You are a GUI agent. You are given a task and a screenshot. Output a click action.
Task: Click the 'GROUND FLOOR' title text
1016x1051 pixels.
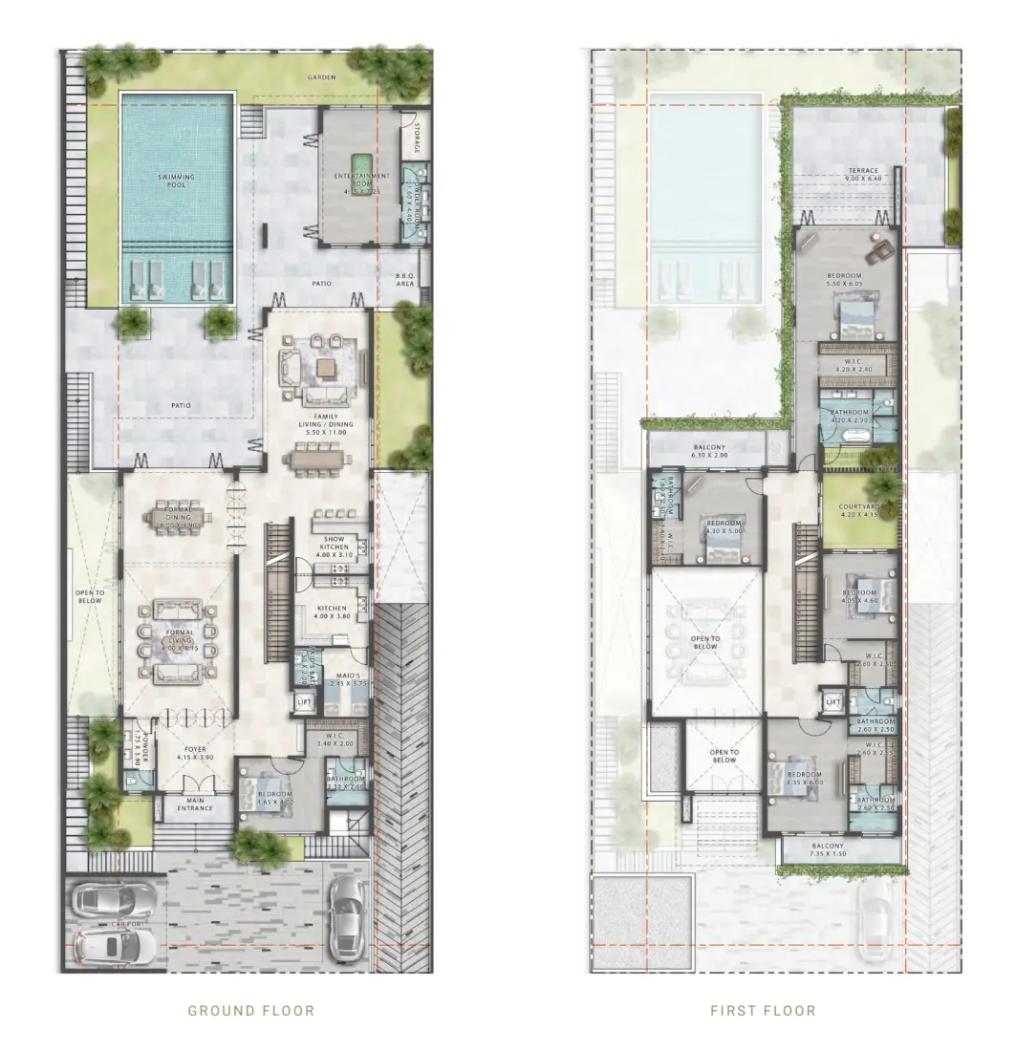(x=251, y=1010)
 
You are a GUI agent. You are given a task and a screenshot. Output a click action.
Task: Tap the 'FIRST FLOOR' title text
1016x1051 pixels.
(x=763, y=1010)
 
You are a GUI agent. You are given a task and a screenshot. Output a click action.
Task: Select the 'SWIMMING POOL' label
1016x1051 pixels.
(x=178, y=181)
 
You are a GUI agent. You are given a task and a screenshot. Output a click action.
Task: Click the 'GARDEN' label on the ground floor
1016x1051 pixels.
(x=321, y=76)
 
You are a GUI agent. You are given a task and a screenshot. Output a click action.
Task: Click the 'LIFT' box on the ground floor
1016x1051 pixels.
(x=305, y=703)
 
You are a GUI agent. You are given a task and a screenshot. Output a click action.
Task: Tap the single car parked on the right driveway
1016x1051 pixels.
(x=346, y=917)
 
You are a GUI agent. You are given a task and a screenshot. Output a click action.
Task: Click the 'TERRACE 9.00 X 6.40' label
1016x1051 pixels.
(x=863, y=176)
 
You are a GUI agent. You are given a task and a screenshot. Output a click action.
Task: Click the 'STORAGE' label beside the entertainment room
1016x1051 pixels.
(x=418, y=138)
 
